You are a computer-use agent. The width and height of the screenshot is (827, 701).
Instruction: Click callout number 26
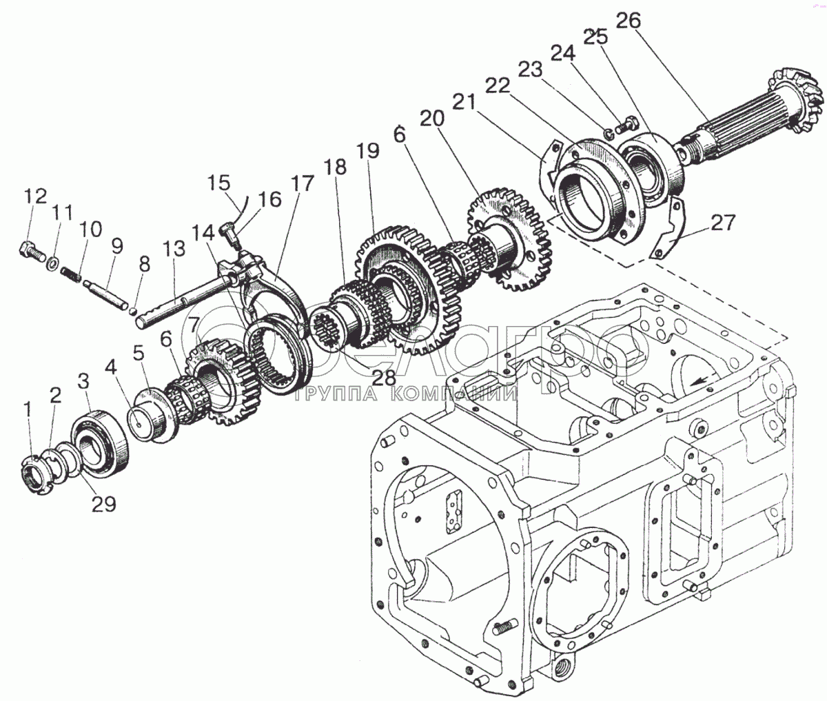click(628, 22)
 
